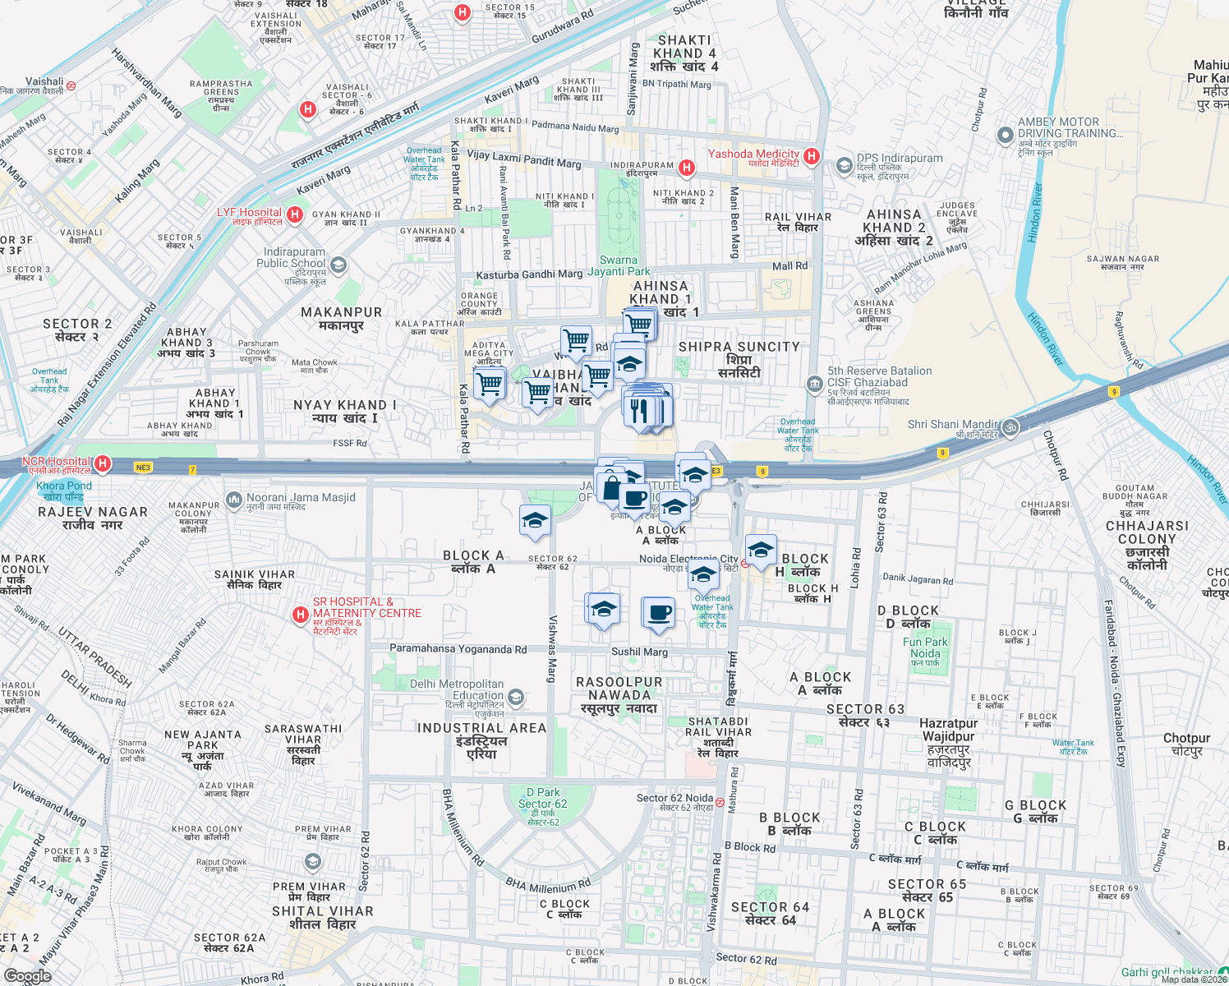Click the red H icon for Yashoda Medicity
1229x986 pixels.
tap(812, 156)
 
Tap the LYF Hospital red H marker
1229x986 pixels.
tap(295, 215)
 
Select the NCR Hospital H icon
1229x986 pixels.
tap(103, 464)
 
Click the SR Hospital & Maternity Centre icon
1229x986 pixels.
tap(301, 614)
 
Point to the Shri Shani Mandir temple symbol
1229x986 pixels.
tap(1010, 426)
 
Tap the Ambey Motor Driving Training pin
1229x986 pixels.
tap(1005, 135)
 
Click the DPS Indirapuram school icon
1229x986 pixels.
tap(844, 166)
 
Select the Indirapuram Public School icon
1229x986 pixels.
tap(338, 265)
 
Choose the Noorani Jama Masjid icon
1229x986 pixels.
tap(234, 499)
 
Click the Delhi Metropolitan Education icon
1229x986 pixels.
tap(516, 698)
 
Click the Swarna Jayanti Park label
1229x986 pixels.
tap(619, 265)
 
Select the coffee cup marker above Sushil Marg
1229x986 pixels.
tap(659, 612)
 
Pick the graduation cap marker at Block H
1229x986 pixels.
tap(761, 550)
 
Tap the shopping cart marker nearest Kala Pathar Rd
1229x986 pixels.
tap(490, 383)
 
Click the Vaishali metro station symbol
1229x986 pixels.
tap(71, 85)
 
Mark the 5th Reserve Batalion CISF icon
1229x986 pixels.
tap(814, 384)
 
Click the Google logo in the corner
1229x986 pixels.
tap(27, 976)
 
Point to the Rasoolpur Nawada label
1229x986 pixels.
tap(619, 695)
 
